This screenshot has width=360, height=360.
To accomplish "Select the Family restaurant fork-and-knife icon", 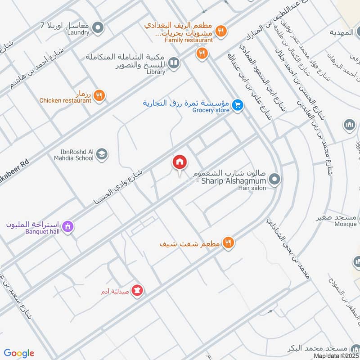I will pos(220,31).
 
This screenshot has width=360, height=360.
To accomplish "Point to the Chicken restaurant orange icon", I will pos(100,95).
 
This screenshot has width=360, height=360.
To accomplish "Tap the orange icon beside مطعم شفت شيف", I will pos(229,243).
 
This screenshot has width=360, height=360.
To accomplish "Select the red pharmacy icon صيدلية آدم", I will pos(139,291).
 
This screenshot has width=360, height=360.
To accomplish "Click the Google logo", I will pos(19,353).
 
